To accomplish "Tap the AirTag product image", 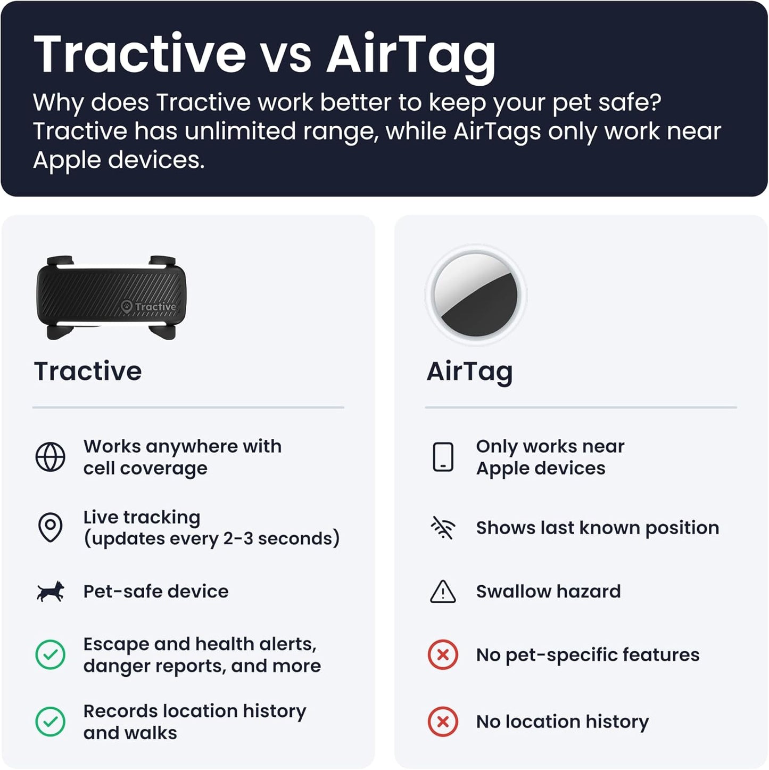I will tap(476, 294).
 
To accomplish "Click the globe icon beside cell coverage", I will tap(51, 457).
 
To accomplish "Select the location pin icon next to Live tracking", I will tap(51, 527).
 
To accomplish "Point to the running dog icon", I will tap(51, 592).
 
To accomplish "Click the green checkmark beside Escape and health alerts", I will tap(51, 654).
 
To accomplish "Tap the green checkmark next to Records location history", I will tap(51, 722).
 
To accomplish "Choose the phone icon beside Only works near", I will tap(443, 457).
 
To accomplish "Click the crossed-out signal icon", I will tap(443, 528).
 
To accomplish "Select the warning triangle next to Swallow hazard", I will tap(443, 592).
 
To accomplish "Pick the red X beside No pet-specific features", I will tap(443, 654).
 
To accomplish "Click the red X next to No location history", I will tap(443, 722).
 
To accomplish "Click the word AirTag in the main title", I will tap(411, 55).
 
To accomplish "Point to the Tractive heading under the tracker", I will tap(88, 371).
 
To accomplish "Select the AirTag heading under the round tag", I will tap(469, 372).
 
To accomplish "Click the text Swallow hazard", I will tap(548, 591).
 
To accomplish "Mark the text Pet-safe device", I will tap(156, 591).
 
